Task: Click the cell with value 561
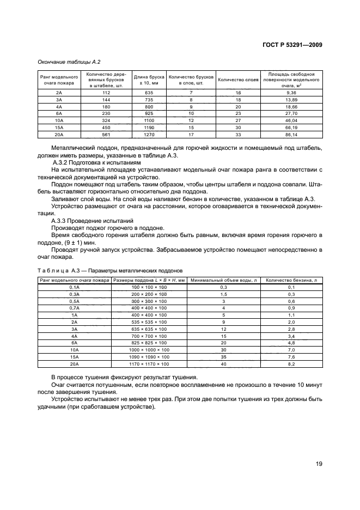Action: [x=106, y=133]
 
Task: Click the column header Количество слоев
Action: [x=238, y=80]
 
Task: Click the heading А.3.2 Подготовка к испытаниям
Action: [x=96, y=162]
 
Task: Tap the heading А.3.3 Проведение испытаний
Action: [x=94, y=220]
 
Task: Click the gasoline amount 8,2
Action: [x=291, y=364]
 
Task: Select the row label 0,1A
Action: [x=74, y=287]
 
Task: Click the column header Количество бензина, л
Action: [x=291, y=280]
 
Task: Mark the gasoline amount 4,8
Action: [x=291, y=343]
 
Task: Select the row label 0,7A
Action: [x=74, y=308]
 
